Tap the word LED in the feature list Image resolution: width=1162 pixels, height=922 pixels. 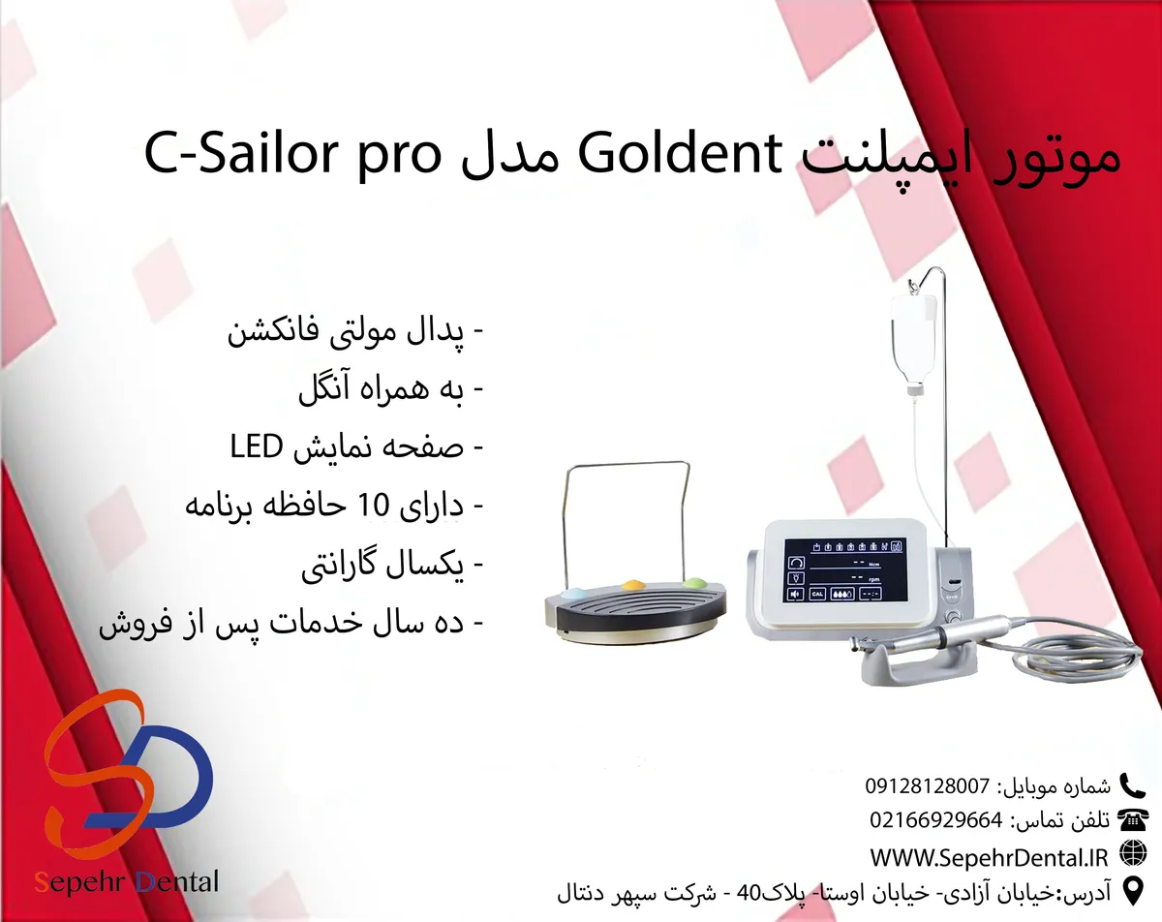[x=257, y=446]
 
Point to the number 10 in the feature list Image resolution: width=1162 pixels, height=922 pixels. [x=374, y=505]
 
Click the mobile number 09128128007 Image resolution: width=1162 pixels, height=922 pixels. [x=928, y=786]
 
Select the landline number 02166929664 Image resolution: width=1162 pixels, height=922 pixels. [x=936, y=821]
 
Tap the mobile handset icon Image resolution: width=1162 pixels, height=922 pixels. [x=1132, y=785]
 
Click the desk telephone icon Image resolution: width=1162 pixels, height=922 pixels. [x=1133, y=821]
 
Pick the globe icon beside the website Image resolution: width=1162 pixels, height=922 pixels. [x=1133, y=854]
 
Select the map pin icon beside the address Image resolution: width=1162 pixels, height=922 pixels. [x=1133, y=891]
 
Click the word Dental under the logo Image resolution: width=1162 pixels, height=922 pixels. [x=176, y=882]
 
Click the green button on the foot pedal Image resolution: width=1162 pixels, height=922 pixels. [x=695, y=583]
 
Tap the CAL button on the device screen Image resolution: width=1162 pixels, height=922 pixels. [x=817, y=594]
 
